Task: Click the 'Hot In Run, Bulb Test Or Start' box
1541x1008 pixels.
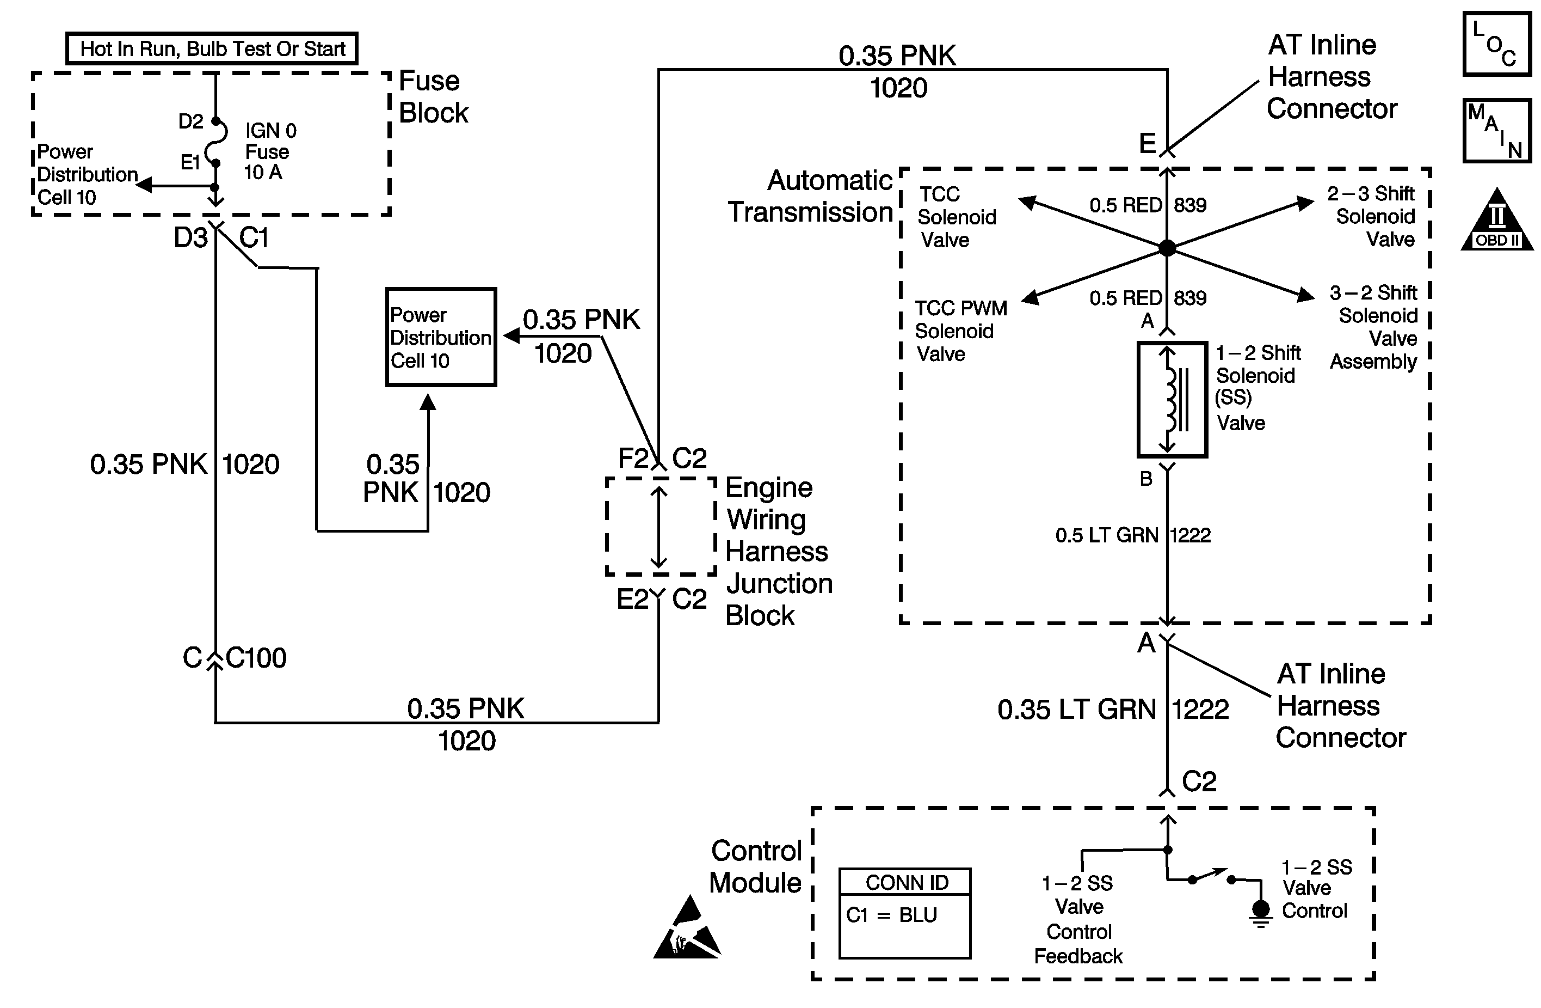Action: coord(212,48)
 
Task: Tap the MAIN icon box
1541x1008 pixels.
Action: coord(1496,130)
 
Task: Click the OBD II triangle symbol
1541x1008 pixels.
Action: coord(1497,222)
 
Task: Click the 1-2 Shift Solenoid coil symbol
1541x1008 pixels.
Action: coord(1172,400)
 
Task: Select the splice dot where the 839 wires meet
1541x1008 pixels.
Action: coord(1167,247)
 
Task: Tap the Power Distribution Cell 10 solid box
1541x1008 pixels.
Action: coord(441,337)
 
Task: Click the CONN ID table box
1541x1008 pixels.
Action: coord(904,913)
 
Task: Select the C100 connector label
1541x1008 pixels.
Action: coord(256,658)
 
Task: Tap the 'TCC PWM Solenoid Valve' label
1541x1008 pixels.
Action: coord(960,331)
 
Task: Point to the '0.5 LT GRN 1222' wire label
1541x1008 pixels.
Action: coord(1132,535)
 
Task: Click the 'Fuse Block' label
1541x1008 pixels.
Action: coord(433,96)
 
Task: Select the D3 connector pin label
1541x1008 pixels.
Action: coord(190,238)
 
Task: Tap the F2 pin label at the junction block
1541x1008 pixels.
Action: coord(633,458)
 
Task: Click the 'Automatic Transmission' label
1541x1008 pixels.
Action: coord(811,196)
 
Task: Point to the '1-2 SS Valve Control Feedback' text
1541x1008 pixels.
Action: coord(1078,919)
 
